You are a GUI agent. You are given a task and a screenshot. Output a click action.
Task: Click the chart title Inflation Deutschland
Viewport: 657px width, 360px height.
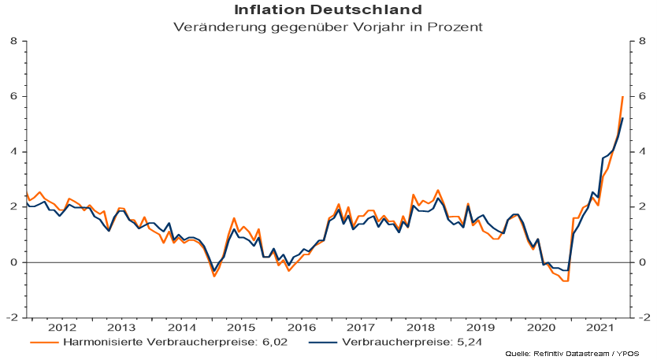click(x=328, y=9)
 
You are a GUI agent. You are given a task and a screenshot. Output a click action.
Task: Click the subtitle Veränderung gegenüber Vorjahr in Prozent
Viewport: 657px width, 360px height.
click(x=328, y=26)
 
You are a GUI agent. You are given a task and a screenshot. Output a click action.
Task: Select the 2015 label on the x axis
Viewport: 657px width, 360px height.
click(x=240, y=327)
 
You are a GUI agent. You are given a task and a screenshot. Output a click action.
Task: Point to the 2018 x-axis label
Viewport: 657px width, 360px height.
click(x=420, y=327)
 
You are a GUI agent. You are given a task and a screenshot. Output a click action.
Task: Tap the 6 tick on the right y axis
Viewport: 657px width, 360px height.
click(x=644, y=96)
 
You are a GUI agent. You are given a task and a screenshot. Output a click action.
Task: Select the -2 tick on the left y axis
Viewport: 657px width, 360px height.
click(x=12, y=317)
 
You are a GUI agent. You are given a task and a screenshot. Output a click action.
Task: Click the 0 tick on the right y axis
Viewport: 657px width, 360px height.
click(x=644, y=262)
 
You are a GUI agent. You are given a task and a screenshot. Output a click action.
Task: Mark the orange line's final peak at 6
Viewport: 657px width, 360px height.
click(x=622, y=96)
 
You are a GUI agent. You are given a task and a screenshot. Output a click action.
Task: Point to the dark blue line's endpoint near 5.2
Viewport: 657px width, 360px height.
click(x=623, y=118)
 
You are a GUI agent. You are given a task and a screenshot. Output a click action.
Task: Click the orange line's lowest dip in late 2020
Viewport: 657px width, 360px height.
click(x=566, y=280)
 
